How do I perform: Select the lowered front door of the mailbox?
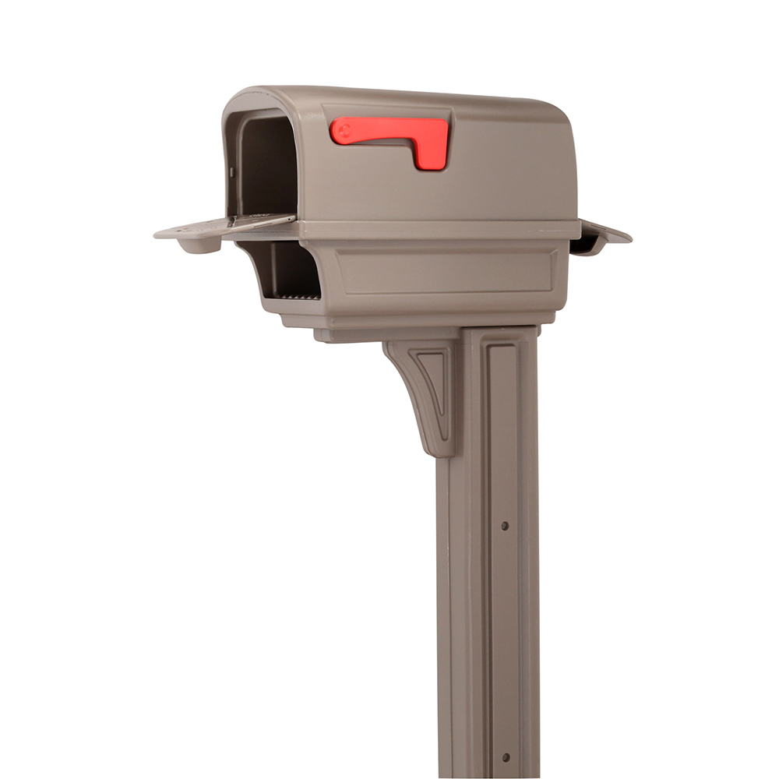[226, 227]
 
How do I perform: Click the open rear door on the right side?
[601, 236]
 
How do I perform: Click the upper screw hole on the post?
[505, 526]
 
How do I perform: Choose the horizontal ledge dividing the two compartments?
[436, 230]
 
